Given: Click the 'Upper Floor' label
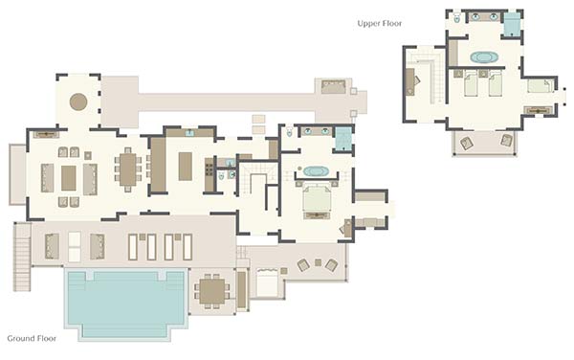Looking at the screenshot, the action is tap(379, 23).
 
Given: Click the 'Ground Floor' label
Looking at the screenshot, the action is tap(32, 338).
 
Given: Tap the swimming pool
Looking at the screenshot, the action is tap(125, 303).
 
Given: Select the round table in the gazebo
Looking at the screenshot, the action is tap(78, 101).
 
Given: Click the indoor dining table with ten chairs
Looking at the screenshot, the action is tap(128, 169).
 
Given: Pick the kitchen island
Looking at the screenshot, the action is tap(186, 167).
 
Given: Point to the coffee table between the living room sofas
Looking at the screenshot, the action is tap(69, 178).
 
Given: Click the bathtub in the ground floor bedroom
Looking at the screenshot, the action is tap(317, 171).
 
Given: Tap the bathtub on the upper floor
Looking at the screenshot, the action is tap(484, 57).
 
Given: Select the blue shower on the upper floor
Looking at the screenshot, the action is tap(512, 25).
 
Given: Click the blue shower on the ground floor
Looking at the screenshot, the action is tap(343, 139).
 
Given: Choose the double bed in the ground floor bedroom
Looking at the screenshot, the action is tap(317, 198).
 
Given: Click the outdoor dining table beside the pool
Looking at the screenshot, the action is tap(212, 291).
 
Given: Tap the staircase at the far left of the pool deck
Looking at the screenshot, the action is tap(22, 258).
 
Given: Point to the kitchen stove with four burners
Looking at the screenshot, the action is tap(209, 169).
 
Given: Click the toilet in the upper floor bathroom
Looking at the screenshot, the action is tap(457, 18).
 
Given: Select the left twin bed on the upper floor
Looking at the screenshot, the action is tap(471, 84).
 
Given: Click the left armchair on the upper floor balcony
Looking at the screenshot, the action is tap(467, 143).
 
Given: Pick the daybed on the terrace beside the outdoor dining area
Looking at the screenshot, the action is tap(267, 282).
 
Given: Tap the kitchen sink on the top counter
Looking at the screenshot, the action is tap(189, 133).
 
